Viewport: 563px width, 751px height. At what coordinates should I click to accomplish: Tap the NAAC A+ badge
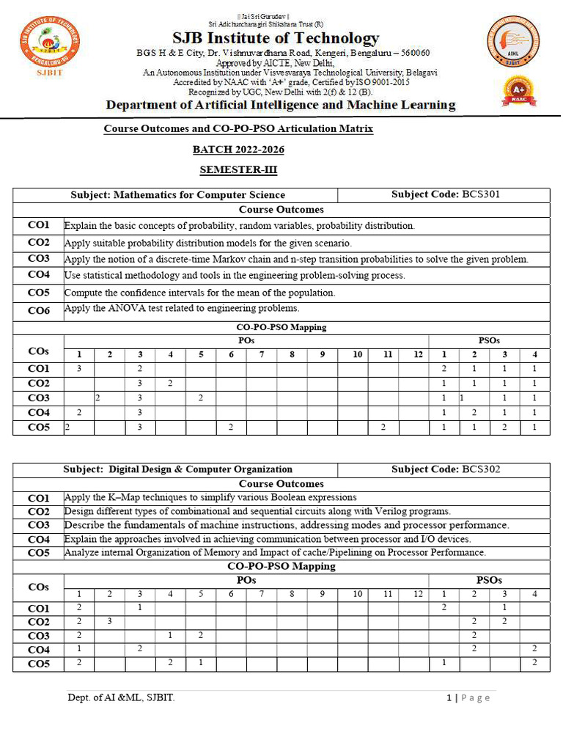pyautogui.click(x=518, y=92)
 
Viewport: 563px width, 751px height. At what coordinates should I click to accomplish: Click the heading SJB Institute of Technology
pyautogui.click(x=276, y=38)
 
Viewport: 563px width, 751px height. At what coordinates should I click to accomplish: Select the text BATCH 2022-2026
pyautogui.click(x=238, y=150)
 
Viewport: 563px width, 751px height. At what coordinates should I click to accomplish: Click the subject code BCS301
pyautogui.click(x=481, y=195)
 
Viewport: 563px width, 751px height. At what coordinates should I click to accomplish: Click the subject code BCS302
pyautogui.click(x=481, y=469)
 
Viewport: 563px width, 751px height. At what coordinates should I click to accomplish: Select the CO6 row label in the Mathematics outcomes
pyautogui.click(x=39, y=311)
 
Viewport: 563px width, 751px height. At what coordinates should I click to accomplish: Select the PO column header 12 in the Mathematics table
pyautogui.click(x=419, y=355)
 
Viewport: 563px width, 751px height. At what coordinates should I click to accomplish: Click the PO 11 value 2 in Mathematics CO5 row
pyautogui.click(x=383, y=428)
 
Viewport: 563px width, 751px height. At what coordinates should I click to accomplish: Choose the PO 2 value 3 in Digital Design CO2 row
pyautogui.click(x=109, y=622)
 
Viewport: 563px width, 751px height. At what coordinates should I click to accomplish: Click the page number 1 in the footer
pyautogui.click(x=449, y=697)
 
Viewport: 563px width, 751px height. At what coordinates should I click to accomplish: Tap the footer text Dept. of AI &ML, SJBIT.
pyautogui.click(x=121, y=697)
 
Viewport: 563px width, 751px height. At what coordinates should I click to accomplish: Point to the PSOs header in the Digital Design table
pyautogui.click(x=489, y=580)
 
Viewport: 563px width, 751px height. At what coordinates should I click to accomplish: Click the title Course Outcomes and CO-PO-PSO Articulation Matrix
pyautogui.click(x=238, y=129)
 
